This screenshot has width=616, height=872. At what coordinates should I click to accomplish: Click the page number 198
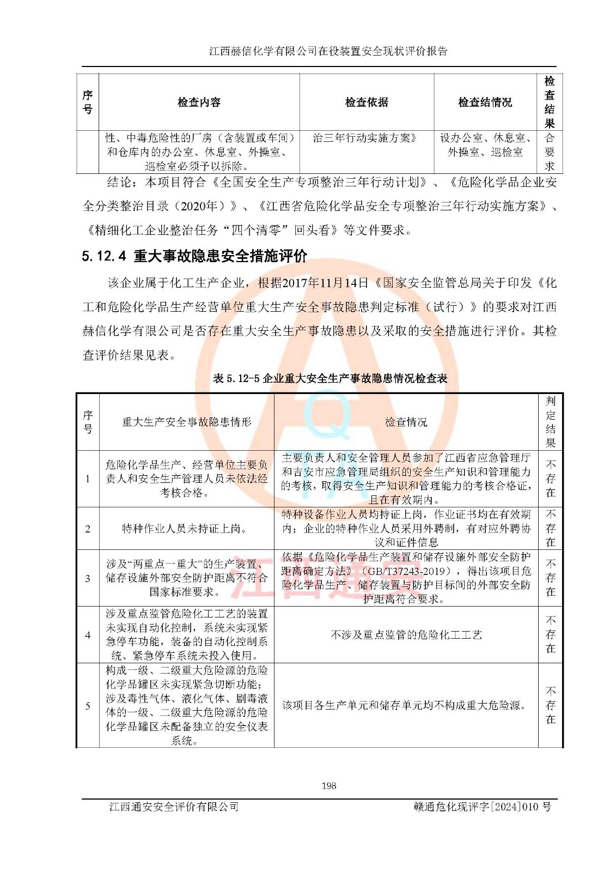pos(328,785)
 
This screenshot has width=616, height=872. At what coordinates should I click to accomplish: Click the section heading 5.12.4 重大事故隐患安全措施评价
pos(194,256)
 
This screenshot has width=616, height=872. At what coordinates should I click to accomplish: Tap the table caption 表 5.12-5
pos(330,378)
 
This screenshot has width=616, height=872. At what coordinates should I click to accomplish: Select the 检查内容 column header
pos(199,102)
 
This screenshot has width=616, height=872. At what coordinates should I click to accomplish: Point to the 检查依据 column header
pos(367,102)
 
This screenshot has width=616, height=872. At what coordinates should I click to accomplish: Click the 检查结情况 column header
pos(485,102)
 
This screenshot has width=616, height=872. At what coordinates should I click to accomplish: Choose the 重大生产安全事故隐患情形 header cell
pos(186,422)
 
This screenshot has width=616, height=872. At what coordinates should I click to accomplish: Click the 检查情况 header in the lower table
pos(406,422)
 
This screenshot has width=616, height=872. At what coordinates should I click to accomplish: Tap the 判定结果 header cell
pos(550,422)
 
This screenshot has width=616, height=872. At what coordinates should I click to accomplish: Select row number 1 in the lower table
pos(88,479)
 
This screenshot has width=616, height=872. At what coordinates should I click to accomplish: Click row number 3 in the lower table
pos(88,578)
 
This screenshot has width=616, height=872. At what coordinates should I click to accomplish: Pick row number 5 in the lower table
pos(88,706)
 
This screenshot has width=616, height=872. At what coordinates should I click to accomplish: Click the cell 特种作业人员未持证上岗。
pos(186,529)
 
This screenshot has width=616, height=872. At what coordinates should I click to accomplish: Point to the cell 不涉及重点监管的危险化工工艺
pos(406,635)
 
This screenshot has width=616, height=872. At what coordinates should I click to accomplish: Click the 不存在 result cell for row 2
pos(550,529)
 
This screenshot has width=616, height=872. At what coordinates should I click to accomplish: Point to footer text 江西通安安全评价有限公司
pos(174,807)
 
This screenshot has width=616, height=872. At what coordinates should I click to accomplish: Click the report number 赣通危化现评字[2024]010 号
pos(482,807)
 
